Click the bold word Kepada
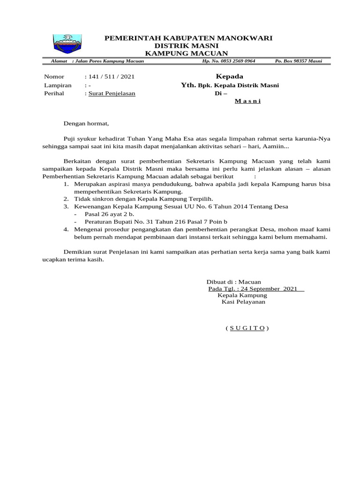pyautogui.click(x=229, y=76)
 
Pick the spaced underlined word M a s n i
pyautogui.click(x=247, y=101)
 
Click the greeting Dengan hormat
pyautogui.click(x=86, y=124)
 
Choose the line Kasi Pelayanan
pyautogui.click(x=243, y=302)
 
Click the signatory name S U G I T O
pyautogui.click(x=247, y=328)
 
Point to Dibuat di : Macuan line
pyautogui.click(x=230, y=282)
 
